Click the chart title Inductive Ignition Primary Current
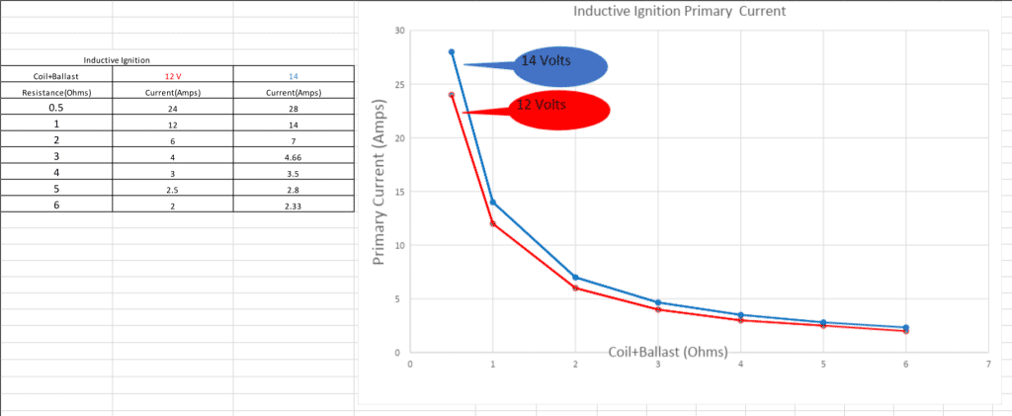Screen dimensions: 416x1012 point(679,12)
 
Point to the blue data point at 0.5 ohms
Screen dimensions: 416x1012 point(452,51)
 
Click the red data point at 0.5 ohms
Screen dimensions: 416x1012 point(452,95)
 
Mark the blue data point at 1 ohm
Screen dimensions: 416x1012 point(493,203)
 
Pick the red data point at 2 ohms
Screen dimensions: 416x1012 point(575,288)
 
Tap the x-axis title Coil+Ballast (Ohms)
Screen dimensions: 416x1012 point(668,352)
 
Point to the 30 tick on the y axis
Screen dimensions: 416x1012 point(399,31)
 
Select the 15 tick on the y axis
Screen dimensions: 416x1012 point(399,192)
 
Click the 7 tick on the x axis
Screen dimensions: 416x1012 point(988,365)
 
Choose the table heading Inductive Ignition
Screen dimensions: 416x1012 point(117,61)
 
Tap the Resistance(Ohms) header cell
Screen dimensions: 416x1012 point(58,93)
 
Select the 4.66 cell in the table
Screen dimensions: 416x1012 point(294,157)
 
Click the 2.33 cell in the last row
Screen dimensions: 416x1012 point(294,204)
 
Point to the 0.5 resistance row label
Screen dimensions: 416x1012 point(58,108)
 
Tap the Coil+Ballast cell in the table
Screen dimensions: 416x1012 point(58,75)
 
